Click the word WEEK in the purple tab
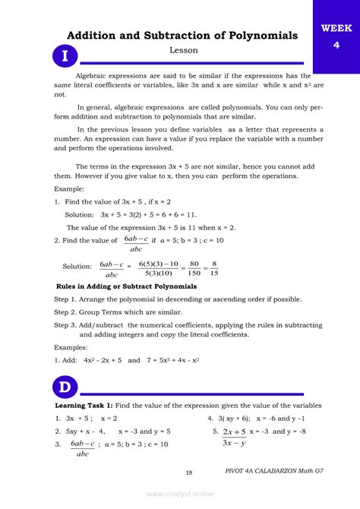(x=336, y=29)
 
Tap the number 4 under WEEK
(x=336, y=45)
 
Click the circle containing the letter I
(x=65, y=57)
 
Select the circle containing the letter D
(x=65, y=388)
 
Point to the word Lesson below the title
(x=183, y=50)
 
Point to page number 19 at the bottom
(x=188, y=473)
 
